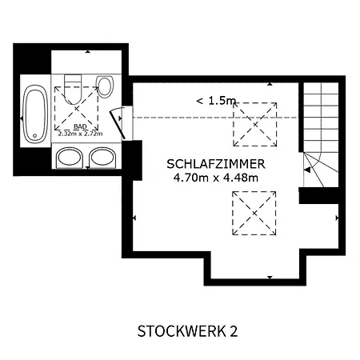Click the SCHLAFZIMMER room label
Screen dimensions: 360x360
tap(216, 164)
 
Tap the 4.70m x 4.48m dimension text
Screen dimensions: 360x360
tap(216, 178)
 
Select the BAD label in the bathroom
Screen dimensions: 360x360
tap(80, 126)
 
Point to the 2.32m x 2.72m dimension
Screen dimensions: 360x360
tap(80, 134)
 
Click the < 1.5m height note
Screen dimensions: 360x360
tap(216, 101)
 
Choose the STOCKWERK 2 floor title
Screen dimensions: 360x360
tap(187, 331)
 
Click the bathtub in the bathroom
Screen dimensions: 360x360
tap(35, 114)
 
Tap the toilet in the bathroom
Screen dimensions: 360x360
tap(73, 90)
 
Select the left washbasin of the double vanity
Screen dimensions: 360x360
tap(69, 158)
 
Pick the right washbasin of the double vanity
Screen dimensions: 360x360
tap(102, 158)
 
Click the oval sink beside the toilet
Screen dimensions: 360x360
tap(105, 86)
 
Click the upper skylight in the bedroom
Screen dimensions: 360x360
tap(255, 124)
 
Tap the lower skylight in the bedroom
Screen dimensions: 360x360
tap(254, 213)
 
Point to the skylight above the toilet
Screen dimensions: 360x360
tap(77, 109)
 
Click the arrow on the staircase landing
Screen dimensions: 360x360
tap(307, 170)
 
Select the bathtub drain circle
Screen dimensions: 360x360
tap(35, 136)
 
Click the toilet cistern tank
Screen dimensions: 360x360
tap(73, 79)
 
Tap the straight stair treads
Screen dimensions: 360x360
tap(322, 117)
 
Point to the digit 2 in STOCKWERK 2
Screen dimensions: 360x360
tap(234, 331)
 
